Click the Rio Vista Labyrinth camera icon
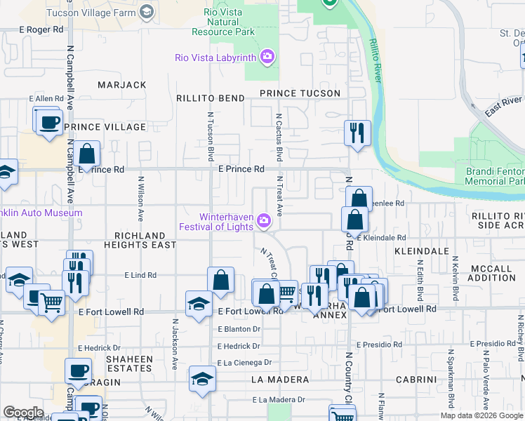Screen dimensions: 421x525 pyautogui.click(x=267, y=57)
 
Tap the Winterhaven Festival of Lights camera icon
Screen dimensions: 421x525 pyautogui.click(x=264, y=221)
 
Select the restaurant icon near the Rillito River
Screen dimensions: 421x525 pyautogui.click(x=357, y=133)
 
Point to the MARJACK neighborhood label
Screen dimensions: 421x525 pyautogui.click(x=122, y=85)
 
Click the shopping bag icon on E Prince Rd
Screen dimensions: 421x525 pyautogui.click(x=86, y=154)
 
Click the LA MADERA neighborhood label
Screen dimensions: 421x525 pyautogui.click(x=280, y=380)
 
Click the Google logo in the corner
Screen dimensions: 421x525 pyautogui.click(x=23, y=413)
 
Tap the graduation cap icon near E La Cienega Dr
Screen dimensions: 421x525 pyautogui.click(x=202, y=379)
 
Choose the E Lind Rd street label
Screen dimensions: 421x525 pyautogui.click(x=142, y=276)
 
